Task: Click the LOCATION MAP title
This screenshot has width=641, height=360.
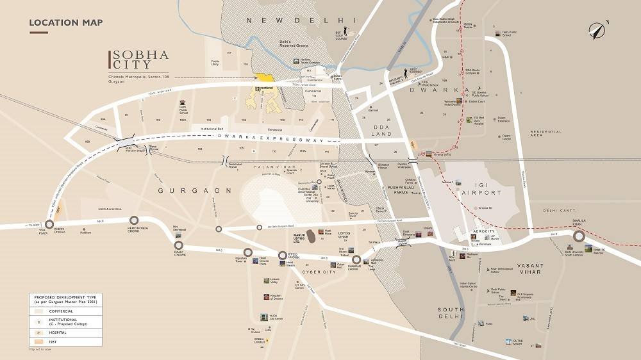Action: [x=65, y=24]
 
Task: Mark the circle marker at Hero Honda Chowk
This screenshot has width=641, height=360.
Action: [x=134, y=220]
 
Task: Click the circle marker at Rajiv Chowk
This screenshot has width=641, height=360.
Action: [x=179, y=245]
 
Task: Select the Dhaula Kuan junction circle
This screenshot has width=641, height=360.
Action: [x=579, y=236]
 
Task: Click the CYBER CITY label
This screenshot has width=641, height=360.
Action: [x=319, y=272]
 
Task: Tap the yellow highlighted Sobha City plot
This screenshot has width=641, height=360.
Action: [x=265, y=78]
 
